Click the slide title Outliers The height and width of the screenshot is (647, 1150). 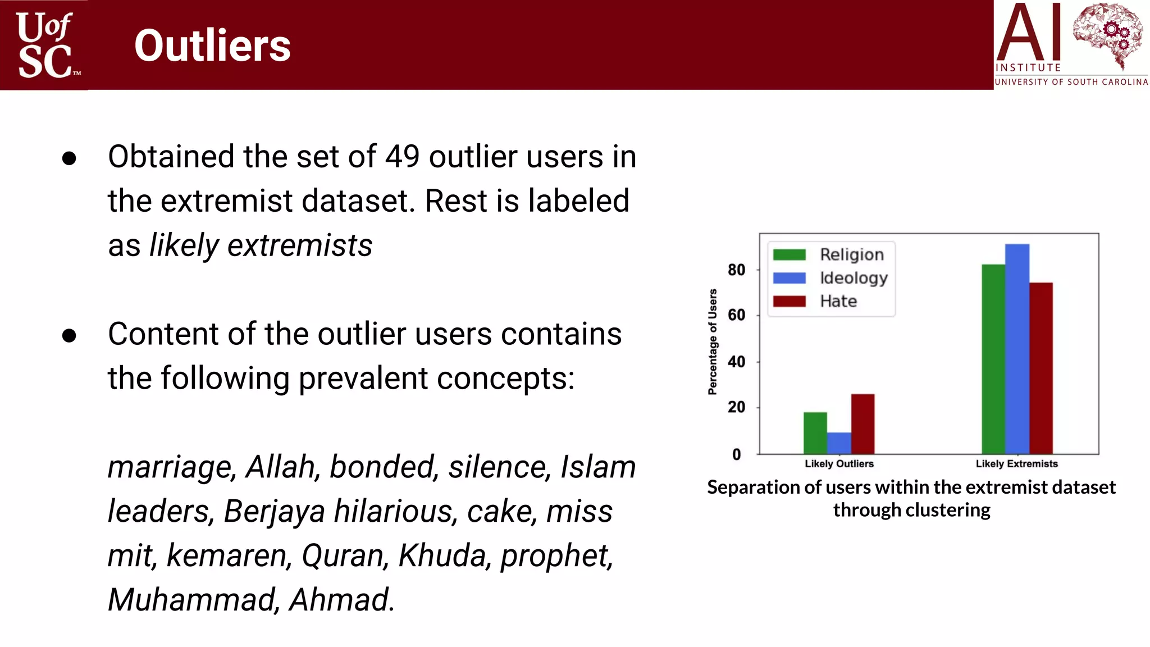click(x=212, y=45)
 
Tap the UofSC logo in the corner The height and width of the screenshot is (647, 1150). click(x=45, y=45)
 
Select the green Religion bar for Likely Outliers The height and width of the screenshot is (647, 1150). click(x=815, y=433)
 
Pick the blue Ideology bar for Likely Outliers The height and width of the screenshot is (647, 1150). click(x=839, y=443)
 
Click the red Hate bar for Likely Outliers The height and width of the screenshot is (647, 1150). click(x=862, y=424)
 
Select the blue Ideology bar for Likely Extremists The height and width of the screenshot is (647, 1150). click(x=1017, y=348)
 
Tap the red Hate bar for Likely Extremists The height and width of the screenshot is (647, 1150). click(x=1041, y=368)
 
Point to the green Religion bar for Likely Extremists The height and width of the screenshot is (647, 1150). click(x=993, y=359)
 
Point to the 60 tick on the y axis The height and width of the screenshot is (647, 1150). click(x=736, y=315)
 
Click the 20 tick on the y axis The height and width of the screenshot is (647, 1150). click(x=736, y=407)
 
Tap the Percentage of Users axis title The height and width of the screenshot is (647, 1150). click(x=713, y=342)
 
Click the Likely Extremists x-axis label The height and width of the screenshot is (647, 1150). click(x=1016, y=464)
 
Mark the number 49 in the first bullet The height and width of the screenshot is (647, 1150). click(x=402, y=157)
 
